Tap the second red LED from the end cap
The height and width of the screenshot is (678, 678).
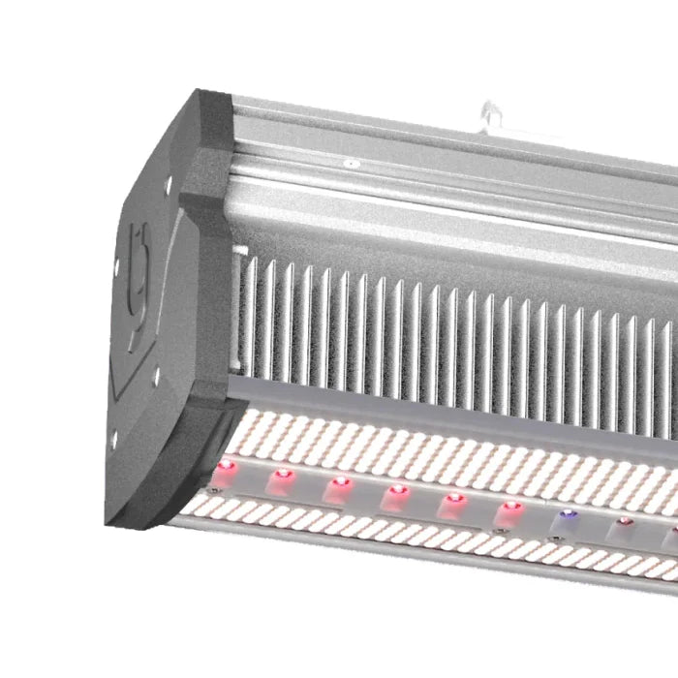[283, 475]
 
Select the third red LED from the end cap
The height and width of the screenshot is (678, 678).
[339, 481]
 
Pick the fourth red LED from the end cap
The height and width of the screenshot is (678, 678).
[396, 490]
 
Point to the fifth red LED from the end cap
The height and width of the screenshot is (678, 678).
[453, 499]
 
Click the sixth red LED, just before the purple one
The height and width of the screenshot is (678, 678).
[510, 506]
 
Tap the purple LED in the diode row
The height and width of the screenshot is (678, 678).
[568, 514]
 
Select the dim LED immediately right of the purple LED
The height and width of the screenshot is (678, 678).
[624, 522]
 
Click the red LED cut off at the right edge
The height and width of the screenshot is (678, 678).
[672, 530]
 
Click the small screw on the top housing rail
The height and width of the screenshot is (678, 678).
[350, 164]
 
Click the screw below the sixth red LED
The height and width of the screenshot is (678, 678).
[499, 530]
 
